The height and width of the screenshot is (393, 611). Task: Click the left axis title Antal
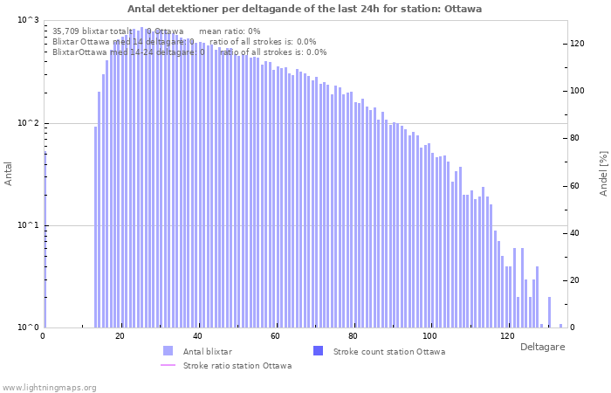pyautogui.click(x=9, y=174)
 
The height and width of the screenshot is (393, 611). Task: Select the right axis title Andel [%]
pyautogui.click(x=603, y=173)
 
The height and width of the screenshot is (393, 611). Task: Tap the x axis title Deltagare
pyautogui.click(x=542, y=347)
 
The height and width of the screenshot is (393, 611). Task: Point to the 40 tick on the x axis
pyautogui.click(x=197, y=336)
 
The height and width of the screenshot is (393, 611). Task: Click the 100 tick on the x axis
pyautogui.click(x=429, y=336)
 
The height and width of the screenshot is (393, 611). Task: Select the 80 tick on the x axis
pyautogui.click(x=352, y=336)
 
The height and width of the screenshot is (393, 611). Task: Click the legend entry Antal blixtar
pyautogui.click(x=207, y=351)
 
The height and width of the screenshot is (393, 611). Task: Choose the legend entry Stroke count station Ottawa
pyautogui.click(x=389, y=351)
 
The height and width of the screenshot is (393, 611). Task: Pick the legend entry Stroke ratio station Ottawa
pyautogui.click(x=237, y=365)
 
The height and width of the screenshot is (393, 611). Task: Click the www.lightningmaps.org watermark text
pyautogui.click(x=49, y=387)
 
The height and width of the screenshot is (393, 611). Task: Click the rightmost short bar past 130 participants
pyautogui.click(x=560, y=325)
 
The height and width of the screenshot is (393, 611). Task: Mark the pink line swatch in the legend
pyautogui.click(x=168, y=365)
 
